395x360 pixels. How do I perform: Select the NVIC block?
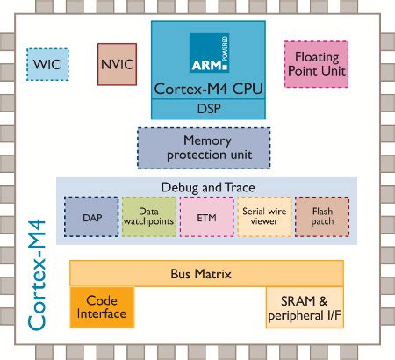tap(117, 64)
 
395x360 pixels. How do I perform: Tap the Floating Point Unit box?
tap(315, 63)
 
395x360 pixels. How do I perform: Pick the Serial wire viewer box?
tap(263, 215)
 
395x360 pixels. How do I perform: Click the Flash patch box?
tap(321, 215)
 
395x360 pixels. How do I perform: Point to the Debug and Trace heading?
tap(206, 188)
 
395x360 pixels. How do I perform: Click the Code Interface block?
tap(102, 306)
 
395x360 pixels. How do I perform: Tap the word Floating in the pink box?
tap(315, 56)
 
